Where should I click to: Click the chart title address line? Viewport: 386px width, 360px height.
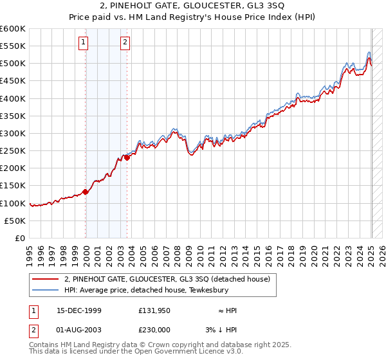(x=194, y=6)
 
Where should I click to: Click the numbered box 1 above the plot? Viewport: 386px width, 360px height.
(x=84, y=43)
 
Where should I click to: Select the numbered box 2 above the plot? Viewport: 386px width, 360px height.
(x=125, y=43)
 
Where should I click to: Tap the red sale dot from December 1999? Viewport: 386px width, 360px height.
(x=86, y=192)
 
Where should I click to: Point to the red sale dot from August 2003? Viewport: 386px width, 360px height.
(x=127, y=157)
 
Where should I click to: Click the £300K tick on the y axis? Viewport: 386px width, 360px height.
(x=13, y=133)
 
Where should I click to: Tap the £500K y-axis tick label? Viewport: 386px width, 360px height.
(x=13, y=64)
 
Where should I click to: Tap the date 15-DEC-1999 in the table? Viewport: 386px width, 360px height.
(x=80, y=310)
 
